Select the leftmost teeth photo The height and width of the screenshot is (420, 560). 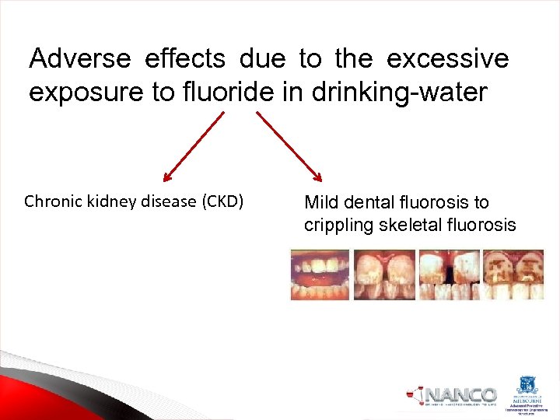(x=320, y=275)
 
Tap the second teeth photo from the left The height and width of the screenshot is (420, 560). (x=384, y=275)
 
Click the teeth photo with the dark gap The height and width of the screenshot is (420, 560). (x=449, y=275)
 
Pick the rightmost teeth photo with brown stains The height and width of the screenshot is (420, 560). (x=513, y=275)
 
